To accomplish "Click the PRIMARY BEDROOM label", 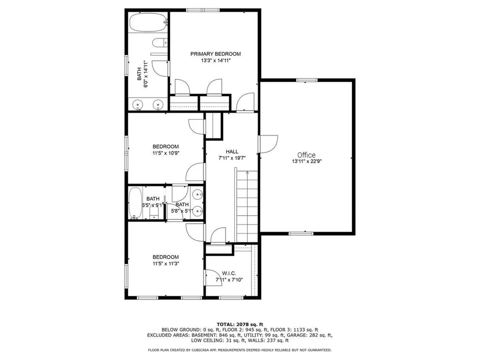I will tap(215, 54).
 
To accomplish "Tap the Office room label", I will tap(306, 155).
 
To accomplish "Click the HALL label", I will tap(232, 151).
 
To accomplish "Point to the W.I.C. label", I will tap(229, 273).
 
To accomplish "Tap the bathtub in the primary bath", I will tap(148, 22).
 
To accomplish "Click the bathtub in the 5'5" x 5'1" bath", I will tap(135, 203).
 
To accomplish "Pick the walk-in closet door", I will tap(210, 278).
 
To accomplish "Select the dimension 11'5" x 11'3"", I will tap(165, 263).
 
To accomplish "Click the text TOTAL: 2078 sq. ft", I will tap(240, 324).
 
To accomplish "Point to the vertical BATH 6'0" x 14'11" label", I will tap(142, 75).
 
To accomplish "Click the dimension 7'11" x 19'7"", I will tap(232, 158).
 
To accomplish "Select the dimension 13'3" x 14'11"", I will tap(215, 60).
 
